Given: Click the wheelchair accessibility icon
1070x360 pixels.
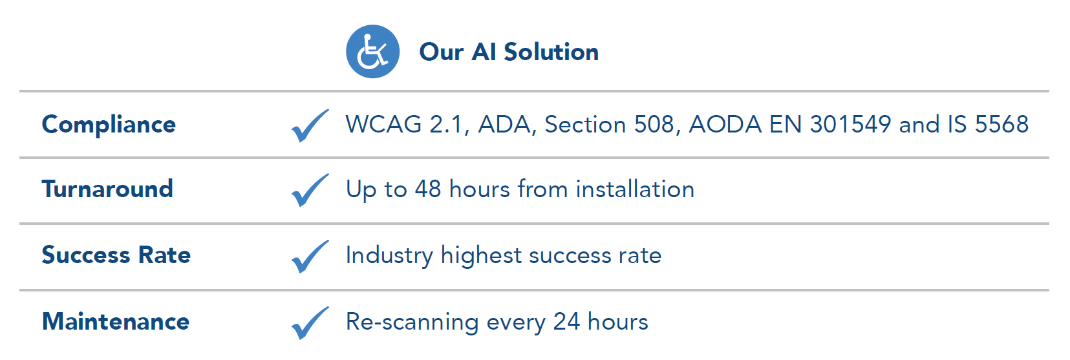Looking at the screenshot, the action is (372, 52).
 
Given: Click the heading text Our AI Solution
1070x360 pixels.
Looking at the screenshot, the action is (509, 52).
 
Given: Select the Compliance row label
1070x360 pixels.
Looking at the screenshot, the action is (109, 125).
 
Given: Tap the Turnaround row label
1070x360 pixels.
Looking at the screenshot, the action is (107, 189).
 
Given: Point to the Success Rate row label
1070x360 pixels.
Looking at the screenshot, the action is (116, 255).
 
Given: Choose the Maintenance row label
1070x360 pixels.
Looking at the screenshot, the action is (116, 321).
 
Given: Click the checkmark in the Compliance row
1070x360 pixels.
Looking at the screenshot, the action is (310, 125).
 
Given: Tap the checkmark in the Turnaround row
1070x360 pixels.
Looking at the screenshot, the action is (310, 189).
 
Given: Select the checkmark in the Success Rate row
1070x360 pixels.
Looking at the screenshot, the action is (310, 256).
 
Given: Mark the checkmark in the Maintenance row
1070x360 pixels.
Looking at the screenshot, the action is (310, 323).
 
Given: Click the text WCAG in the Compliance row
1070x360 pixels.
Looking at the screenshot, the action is (383, 124).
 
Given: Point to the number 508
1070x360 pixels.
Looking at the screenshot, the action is (654, 124).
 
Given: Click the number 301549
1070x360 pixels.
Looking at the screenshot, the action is (850, 124).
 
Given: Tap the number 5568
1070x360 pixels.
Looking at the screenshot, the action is (1001, 124).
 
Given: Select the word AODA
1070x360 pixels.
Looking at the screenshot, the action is (725, 124).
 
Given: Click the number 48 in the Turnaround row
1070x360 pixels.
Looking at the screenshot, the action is (428, 189).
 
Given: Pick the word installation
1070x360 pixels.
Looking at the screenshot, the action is (635, 189).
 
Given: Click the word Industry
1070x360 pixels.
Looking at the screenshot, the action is (389, 255).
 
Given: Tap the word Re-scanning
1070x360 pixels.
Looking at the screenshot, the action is (412, 322).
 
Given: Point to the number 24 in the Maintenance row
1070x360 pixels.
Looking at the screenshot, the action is (566, 321).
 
